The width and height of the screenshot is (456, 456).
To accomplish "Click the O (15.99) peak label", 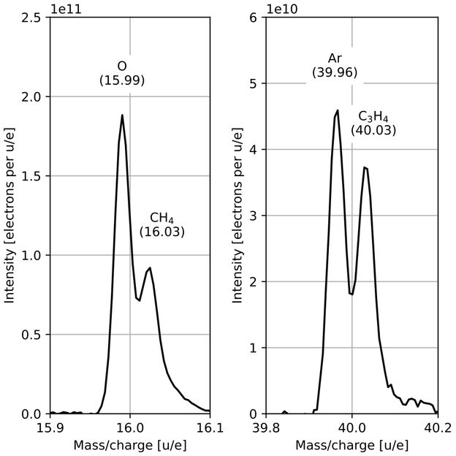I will tap(122, 73).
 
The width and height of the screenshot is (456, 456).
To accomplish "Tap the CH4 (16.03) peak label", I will tap(161, 224).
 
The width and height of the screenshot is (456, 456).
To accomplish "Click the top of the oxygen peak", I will tap(122, 115).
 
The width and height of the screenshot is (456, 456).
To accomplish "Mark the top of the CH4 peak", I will tap(150, 267).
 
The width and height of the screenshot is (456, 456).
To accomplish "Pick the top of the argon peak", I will tap(338, 110).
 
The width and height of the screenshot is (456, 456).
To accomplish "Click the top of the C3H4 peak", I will tap(365, 167).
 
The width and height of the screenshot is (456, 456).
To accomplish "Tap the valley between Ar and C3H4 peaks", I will tap(352, 294).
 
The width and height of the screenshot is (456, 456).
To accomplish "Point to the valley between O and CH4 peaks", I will tap(139, 299).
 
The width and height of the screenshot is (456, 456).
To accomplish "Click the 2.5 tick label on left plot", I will tap(31, 18).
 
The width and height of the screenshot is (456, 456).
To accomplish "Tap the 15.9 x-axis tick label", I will tap(50, 427).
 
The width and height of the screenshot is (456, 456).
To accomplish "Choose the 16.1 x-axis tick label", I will tap(210, 427).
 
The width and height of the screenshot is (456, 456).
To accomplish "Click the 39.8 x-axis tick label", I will tap(266, 427).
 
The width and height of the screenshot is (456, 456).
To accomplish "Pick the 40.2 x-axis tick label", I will tap(438, 427).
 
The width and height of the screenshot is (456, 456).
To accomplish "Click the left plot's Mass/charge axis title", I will tap(129, 444).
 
